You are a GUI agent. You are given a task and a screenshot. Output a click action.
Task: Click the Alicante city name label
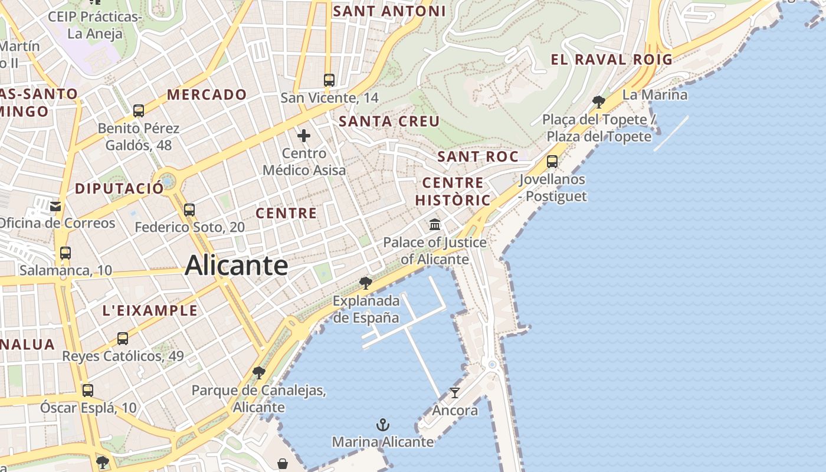(236, 265)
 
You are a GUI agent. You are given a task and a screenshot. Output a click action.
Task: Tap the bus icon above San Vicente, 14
(329, 80)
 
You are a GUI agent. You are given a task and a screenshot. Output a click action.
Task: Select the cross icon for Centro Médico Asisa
(304, 136)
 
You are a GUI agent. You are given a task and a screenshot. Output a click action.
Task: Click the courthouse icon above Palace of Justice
(435, 225)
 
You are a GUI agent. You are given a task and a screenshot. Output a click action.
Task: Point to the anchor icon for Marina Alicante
(383, 425)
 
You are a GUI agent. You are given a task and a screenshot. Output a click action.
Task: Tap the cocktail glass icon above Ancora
(454, 392)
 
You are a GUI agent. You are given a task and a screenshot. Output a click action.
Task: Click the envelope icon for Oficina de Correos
(55, 206)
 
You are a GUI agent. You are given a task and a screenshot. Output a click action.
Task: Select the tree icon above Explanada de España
(366, 283)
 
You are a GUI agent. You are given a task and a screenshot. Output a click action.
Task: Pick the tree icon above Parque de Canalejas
(258, 373)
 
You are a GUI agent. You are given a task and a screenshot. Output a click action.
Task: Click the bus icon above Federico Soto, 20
(189, 210)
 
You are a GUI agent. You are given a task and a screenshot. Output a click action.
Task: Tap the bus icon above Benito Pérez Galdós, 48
(139, 111)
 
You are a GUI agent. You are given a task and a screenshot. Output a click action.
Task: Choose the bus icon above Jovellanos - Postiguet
(552, 162)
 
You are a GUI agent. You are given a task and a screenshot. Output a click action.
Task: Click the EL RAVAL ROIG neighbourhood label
(611, 59)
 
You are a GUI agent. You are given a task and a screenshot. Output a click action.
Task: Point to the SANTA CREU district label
(389, 122)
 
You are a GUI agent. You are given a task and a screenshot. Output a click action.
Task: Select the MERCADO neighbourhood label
(206, 94)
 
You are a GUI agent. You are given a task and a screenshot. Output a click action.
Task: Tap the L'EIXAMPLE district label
(150, 310)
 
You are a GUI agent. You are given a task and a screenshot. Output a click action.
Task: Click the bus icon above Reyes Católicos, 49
(123, 339)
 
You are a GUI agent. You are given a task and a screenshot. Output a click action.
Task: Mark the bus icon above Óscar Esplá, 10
(88, 391)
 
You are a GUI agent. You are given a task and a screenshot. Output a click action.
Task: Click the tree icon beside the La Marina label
(599, 101)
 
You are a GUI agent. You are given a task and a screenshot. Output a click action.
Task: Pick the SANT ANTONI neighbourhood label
(389, 11)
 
